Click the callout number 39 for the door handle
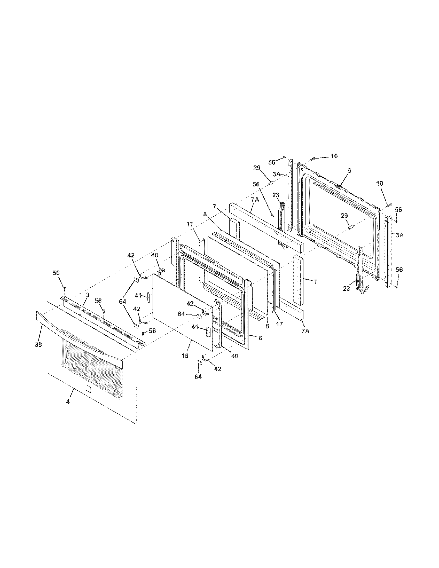point(38,345)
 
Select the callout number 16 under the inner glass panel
point(185,356)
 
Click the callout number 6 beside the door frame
point(260,338)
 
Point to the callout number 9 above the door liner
point(349,171)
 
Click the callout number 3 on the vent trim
point(88,295)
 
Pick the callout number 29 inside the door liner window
point(344,216)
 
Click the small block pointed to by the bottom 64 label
point(199,362)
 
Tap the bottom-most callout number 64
point(198,377)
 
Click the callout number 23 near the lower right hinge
point(346,289)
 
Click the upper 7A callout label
point(255,200)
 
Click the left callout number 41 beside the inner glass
point(138,295)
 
